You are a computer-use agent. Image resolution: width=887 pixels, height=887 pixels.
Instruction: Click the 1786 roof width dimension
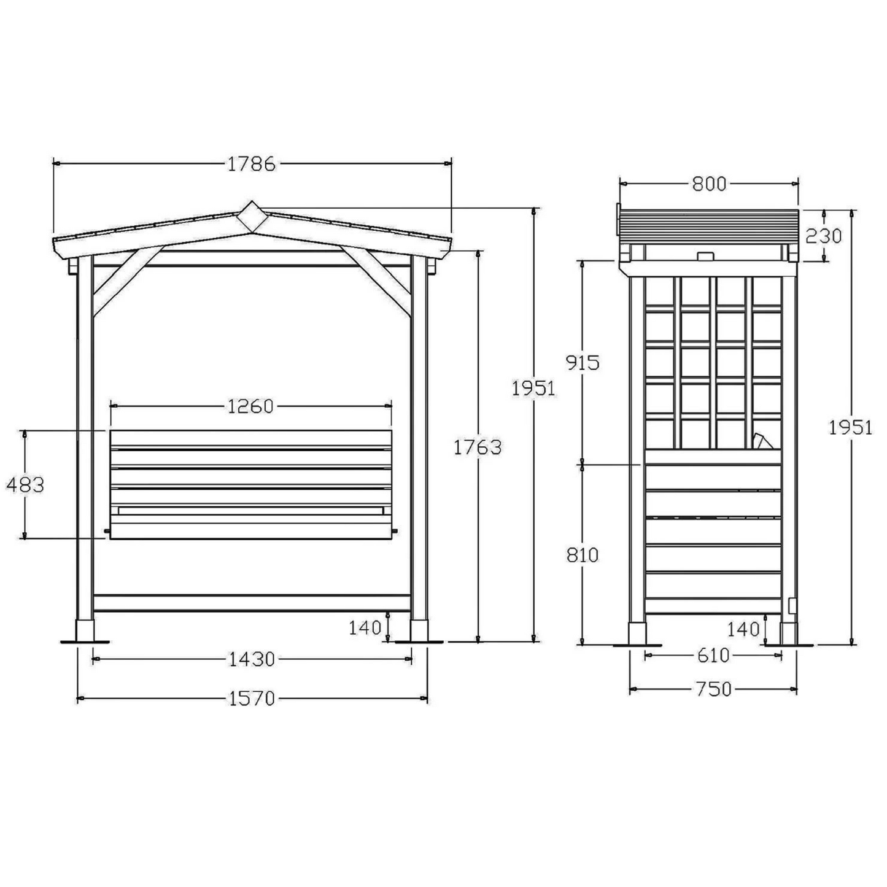point(251,164)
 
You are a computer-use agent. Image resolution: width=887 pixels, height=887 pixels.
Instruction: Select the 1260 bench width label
point(250,406)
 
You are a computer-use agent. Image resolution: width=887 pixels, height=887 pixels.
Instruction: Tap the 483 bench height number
point(25,485)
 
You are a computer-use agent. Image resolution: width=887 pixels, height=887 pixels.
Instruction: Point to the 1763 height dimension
point(478,447)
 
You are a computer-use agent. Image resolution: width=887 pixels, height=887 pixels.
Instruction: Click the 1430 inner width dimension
point(252,659)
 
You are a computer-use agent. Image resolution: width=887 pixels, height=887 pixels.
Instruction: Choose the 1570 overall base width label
point(252,699)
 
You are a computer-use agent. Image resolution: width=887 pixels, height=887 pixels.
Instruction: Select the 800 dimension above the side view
point(709,184)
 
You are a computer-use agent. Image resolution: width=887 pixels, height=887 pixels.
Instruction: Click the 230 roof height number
point(823,236)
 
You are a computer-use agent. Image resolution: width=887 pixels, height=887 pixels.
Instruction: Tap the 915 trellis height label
point(582,363)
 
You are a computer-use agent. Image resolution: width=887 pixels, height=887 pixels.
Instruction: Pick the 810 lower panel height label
point(582,555)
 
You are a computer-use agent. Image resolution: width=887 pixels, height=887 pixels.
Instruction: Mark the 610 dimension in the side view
point(713,656)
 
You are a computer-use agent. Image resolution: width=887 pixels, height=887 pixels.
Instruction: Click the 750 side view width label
point(713,689)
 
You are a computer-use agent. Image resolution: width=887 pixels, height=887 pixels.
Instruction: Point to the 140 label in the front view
point(365,627)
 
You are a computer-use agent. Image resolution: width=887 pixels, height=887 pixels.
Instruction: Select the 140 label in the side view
point(743,629)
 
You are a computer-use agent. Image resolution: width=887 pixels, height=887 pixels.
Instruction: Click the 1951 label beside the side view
point(850,427)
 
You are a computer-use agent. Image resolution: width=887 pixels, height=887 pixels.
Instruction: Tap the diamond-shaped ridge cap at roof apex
point(251,216)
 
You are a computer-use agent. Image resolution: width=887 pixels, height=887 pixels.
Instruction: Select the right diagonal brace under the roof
point(376,282)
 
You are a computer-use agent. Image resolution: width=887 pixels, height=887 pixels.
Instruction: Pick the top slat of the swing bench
point(250,438)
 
